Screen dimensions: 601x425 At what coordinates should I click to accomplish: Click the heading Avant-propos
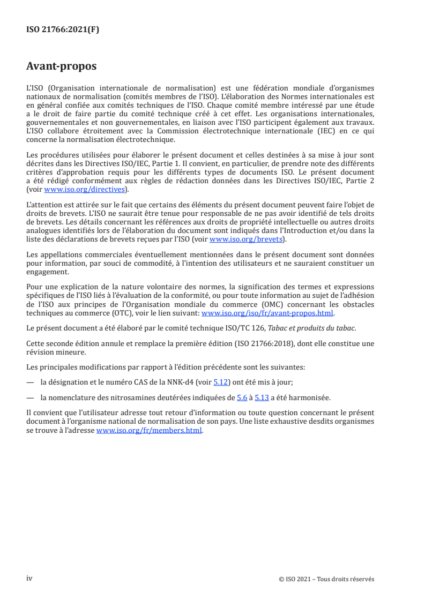point(62,66)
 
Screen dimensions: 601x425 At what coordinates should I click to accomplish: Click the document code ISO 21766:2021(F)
point(63,30)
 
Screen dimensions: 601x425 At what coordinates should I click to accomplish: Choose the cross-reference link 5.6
point(242,397)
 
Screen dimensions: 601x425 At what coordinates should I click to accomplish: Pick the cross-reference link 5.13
point(262,397)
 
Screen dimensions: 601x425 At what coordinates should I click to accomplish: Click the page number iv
point(29,579)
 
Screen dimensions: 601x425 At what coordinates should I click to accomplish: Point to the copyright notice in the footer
point(326,579)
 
